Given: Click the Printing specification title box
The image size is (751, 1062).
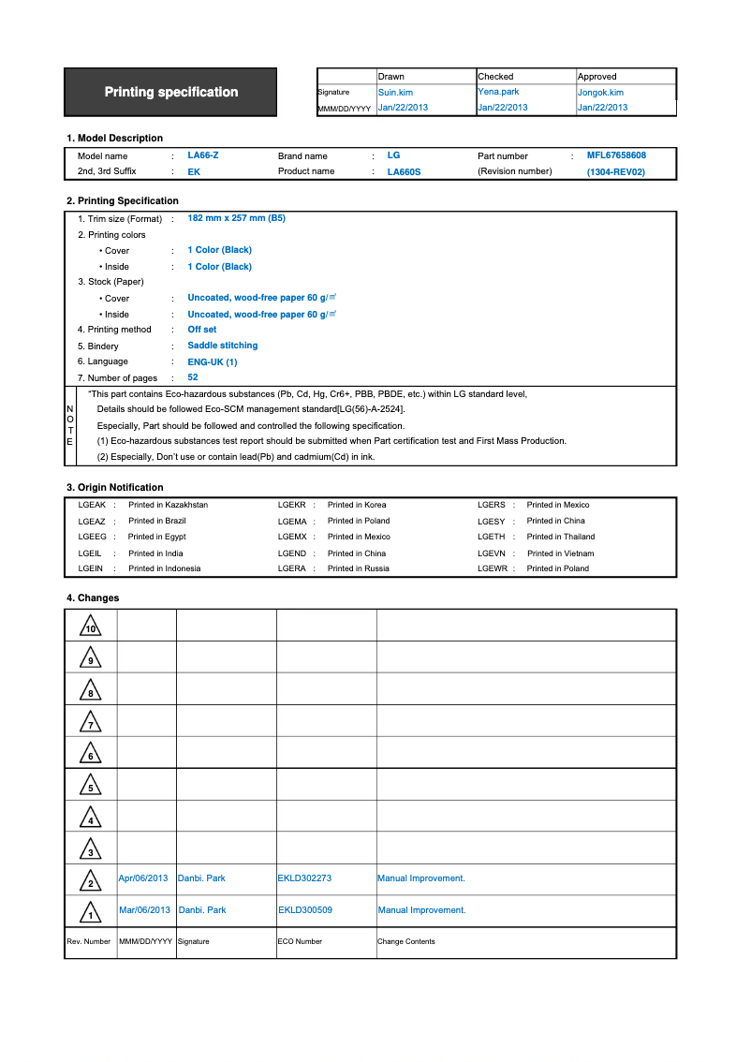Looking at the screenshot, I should (x=170, y=92).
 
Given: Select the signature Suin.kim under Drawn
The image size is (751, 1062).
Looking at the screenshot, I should (x=395, y=93).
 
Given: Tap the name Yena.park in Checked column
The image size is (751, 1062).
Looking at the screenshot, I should (x=498, y=92).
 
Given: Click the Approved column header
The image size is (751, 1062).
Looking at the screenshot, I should (x=597, y=77).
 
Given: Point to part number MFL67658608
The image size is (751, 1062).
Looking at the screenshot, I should (x=616, y=155).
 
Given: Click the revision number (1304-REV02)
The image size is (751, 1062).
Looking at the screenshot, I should (x=616, y=172).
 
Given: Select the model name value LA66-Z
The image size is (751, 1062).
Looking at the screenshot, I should (x=203, y=155).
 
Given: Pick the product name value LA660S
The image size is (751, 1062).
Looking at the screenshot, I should (x=405, y=172).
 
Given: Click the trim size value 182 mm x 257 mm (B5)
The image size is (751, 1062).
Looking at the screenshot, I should (x=236, y=218).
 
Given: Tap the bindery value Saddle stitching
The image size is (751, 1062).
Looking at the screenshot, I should (x=222, y=346).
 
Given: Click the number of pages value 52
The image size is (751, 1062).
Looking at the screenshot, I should (x=193, y=377).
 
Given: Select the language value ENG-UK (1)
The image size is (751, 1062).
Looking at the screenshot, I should (x=212, y=361).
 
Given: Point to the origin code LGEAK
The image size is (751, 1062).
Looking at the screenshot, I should (x=91, y=505).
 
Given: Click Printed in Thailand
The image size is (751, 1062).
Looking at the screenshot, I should (x=560, y=537).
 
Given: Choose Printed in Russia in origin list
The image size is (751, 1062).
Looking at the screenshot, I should (x=358, y=568).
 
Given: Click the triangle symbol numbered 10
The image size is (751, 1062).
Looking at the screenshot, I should (x=90, y=627).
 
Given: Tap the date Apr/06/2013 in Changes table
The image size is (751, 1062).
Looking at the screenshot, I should (x=143, y=878).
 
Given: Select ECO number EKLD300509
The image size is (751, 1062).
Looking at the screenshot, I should (x=304, y=910).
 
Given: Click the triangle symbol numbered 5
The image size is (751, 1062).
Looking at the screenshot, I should (x=90, y=786).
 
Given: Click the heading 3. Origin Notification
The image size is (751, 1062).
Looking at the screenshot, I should (x=114, y=487).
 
